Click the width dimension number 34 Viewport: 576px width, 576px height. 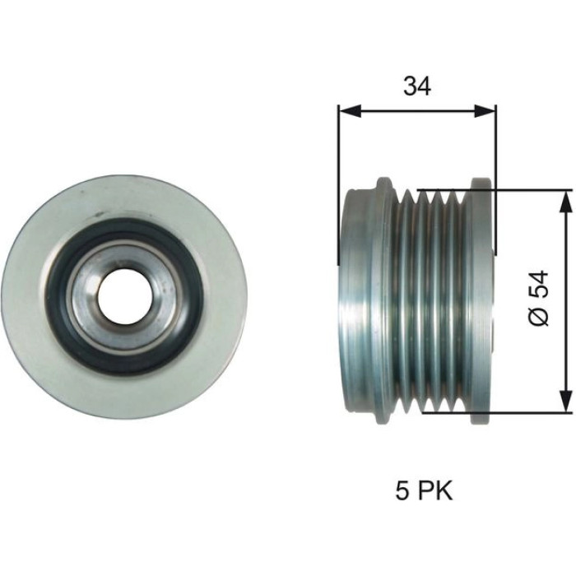pyautogui.click(x=417, y=86)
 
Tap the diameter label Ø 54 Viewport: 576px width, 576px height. pyautogui.click(x=539, y=299)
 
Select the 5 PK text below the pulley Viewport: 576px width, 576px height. pyautogui.click(x=425, y=490)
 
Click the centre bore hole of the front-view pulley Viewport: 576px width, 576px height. pyautogui.click(x=125, y=297)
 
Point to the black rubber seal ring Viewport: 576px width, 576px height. pyautogui.click(x=62, y=298)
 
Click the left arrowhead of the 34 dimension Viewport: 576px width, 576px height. pyautogui.click(x=350, y=111)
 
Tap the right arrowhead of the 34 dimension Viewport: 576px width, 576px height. pyautogui.click(x=485, y=111)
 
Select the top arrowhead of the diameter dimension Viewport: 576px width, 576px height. pyautogui.click(x=566, y=202)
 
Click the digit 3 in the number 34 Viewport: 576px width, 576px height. pyautogui.click(x=410, y=86)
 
